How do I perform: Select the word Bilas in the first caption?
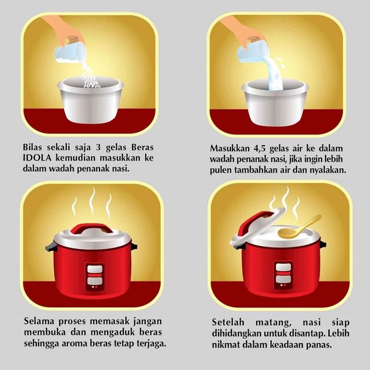[32, 147]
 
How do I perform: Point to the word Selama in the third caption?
[39, 321]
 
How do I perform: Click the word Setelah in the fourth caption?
[228, 322]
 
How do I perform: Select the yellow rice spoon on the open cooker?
[299, 227]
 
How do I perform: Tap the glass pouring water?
[252, 51]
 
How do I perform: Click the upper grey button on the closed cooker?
[95, 269]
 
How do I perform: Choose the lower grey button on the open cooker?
[283, 279]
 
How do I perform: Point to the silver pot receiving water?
[275, 102]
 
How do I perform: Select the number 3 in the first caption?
[98, 147]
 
